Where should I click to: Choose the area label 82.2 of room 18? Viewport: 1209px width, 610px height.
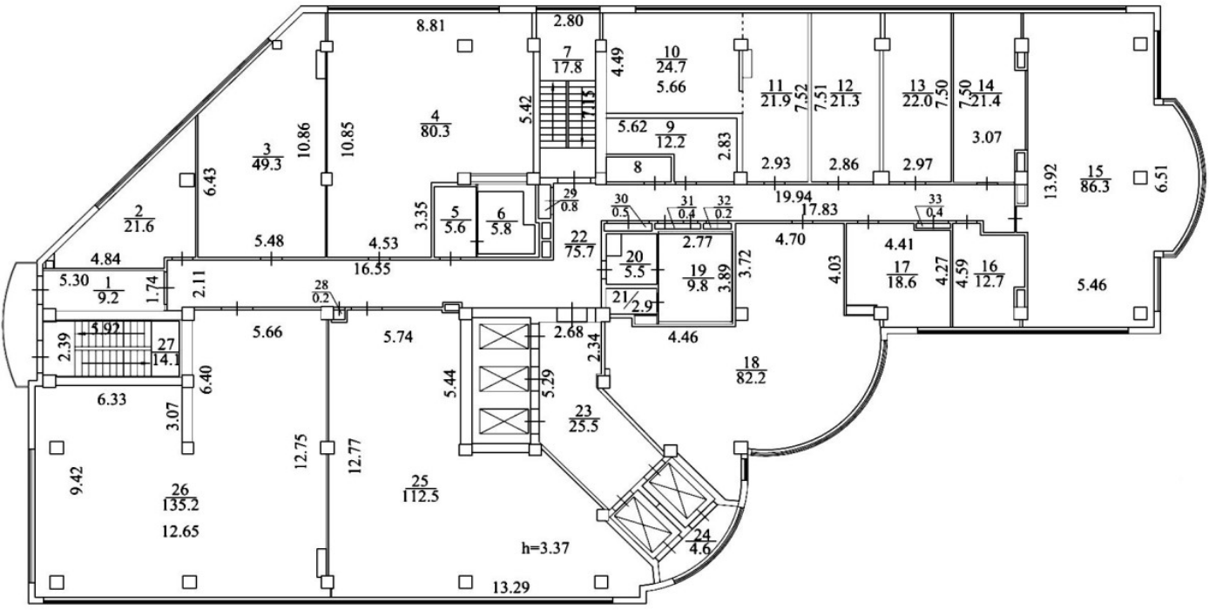coord(755,377)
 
